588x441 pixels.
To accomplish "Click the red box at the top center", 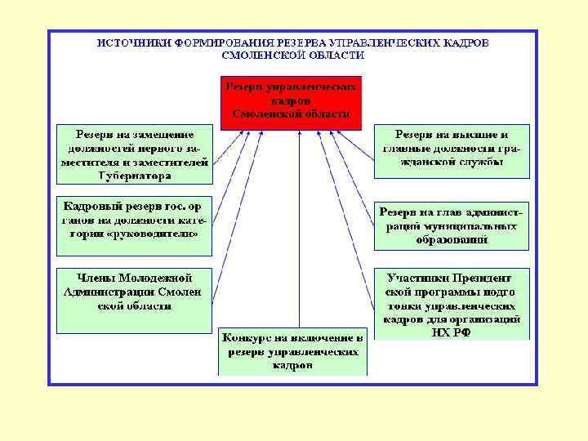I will (x=292, y=100).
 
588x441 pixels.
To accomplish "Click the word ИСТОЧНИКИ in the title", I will (x=127, y=43).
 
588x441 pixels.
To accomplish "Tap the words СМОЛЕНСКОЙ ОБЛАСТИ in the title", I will (x=293, y=56).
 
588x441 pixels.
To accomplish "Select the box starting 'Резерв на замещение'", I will (x=134, y=154).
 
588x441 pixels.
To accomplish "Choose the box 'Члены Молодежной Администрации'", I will (x=134, y=299).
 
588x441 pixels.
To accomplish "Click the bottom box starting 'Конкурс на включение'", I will (x=292, y=352).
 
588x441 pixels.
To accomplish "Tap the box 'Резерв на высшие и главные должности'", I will (x=452, y=149).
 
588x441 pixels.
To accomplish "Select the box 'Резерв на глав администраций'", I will (x=452, y=225).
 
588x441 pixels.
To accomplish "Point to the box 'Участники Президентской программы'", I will (x=452, y=303).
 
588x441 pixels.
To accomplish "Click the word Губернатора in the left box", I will (x=135, y=176).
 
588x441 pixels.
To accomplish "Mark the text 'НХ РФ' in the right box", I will (x=452, y=333).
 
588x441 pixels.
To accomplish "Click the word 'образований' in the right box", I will (x=452, y=240).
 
